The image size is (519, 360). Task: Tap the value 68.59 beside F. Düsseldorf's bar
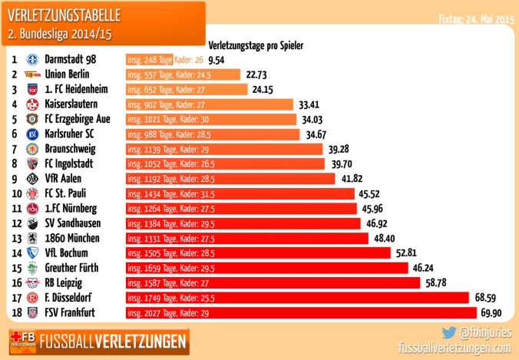click(488, 297)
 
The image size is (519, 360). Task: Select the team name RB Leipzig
click(68, 282)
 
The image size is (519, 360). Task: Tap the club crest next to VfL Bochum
click(32, 253)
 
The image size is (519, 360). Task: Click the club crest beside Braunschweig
click(32, 149)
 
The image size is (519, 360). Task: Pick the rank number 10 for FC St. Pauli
click(15, 193)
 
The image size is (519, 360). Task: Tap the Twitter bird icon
click(448, 333)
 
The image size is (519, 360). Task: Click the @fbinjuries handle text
click(485, 333)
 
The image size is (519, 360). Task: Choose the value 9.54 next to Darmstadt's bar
click(216, 60)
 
